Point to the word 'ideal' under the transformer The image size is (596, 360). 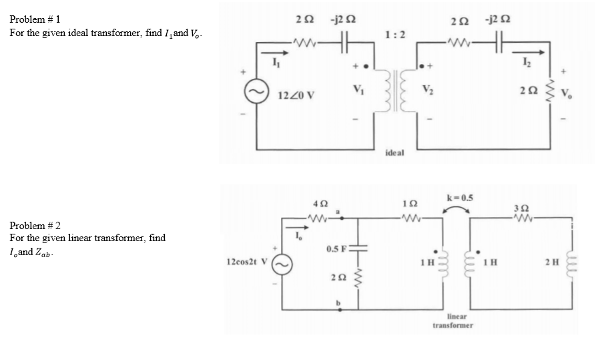(x=395, y=154)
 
